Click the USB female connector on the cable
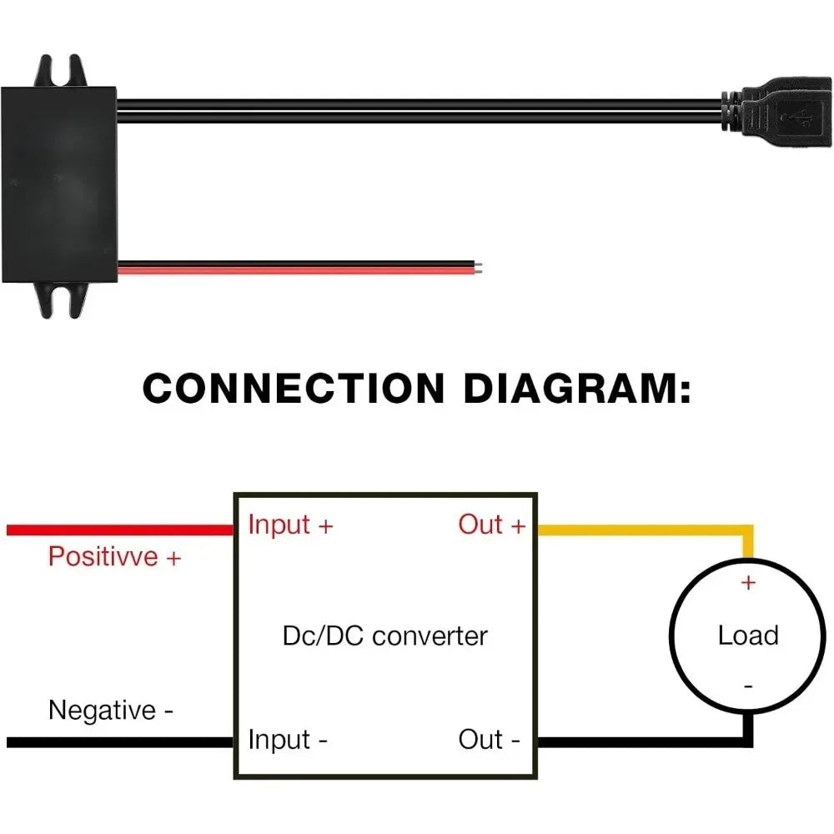click(x=776, y=112)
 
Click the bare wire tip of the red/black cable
click(x=479, y=267)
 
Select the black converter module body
click(x=58, y=185)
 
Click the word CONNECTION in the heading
click(x=294, y=389)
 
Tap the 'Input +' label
click(x=290, y=525)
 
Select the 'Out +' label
click(x=491, y=525)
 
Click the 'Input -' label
click(x=288, y=740)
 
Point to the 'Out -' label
click(x=489, y=739)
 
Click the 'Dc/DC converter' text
click(x=385, y=636)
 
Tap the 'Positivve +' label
click(x=115, y=557)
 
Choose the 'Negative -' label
click(x=111, y=710)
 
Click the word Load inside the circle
click(x=748, y=635)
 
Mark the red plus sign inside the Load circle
click(x=748, y=583)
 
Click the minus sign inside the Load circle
click(x=748, y=686)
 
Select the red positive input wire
click(x=120, y=530)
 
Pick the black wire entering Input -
click(x=120, y=742)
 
